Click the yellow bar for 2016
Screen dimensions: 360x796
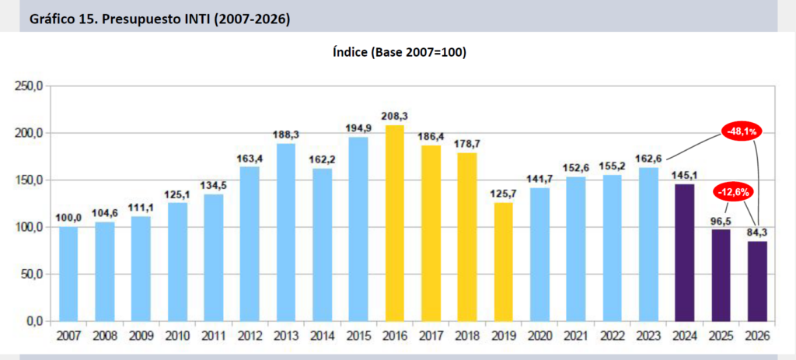395,222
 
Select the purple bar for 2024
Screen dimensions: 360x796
685,252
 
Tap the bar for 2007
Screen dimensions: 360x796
68,274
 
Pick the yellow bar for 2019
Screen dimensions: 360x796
504,261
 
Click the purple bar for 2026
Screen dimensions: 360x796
757,281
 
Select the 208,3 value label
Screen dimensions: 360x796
395,117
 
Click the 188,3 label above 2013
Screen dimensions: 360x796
286,135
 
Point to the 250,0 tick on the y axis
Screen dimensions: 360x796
30,86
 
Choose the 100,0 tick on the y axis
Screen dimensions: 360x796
30,227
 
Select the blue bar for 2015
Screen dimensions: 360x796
358,229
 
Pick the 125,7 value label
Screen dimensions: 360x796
504,193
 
